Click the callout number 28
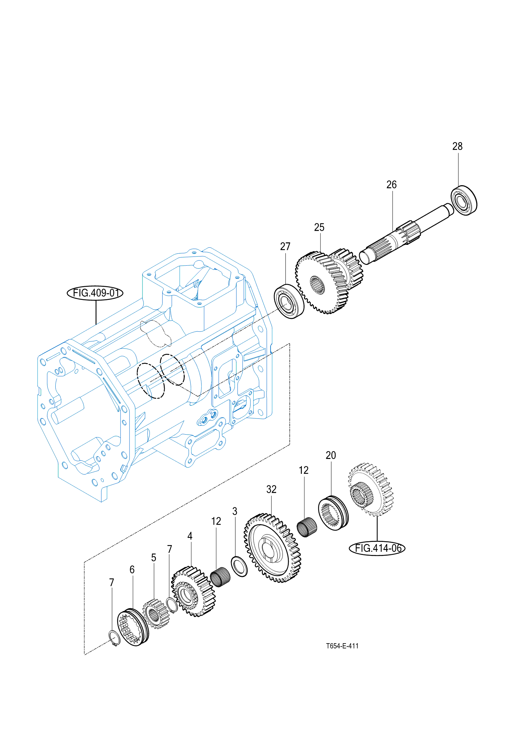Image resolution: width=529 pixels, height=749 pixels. [x=457, y=146]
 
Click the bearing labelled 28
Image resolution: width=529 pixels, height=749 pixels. [x=464, y=200]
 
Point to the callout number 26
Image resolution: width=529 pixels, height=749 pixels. [x=391, y=185]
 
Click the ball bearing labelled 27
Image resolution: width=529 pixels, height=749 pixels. [x=289, y=301]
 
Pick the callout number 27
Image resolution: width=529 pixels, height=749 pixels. [x=285, y=247]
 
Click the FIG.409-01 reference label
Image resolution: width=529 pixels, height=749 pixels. [x=95, y=293]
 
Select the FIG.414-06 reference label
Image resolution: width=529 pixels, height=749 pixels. [x=377, y=548]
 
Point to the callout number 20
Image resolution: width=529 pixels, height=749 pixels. [x=331, y=455]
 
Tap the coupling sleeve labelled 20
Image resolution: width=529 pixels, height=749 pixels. [x=333, y=513]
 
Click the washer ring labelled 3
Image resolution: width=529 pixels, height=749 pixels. [x=239, y=566]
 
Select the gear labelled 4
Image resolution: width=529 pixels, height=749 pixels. [x=193, y=591]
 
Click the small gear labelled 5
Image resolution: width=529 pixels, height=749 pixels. [x=156, y=614]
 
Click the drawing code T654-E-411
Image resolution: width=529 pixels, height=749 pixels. [x=342, y=646]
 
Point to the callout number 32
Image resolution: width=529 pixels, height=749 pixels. [x=271, y=489]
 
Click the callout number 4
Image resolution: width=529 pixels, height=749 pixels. [x=190, y=536]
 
